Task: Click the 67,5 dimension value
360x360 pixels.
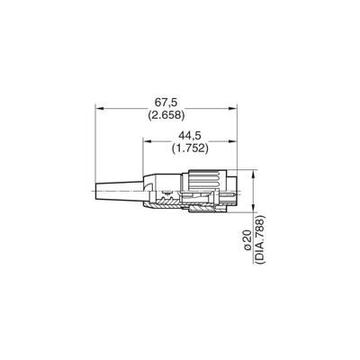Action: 166,103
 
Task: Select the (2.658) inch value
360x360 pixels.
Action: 166,115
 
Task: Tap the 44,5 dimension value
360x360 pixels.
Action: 190,136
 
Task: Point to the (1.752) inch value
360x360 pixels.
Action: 190,148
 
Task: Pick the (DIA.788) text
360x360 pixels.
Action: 260,239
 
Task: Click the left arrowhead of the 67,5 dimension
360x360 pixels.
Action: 99,108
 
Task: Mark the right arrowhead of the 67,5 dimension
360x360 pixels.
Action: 232,108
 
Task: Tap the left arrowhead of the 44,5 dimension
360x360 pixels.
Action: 147,141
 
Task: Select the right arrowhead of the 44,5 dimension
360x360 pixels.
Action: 232,141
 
